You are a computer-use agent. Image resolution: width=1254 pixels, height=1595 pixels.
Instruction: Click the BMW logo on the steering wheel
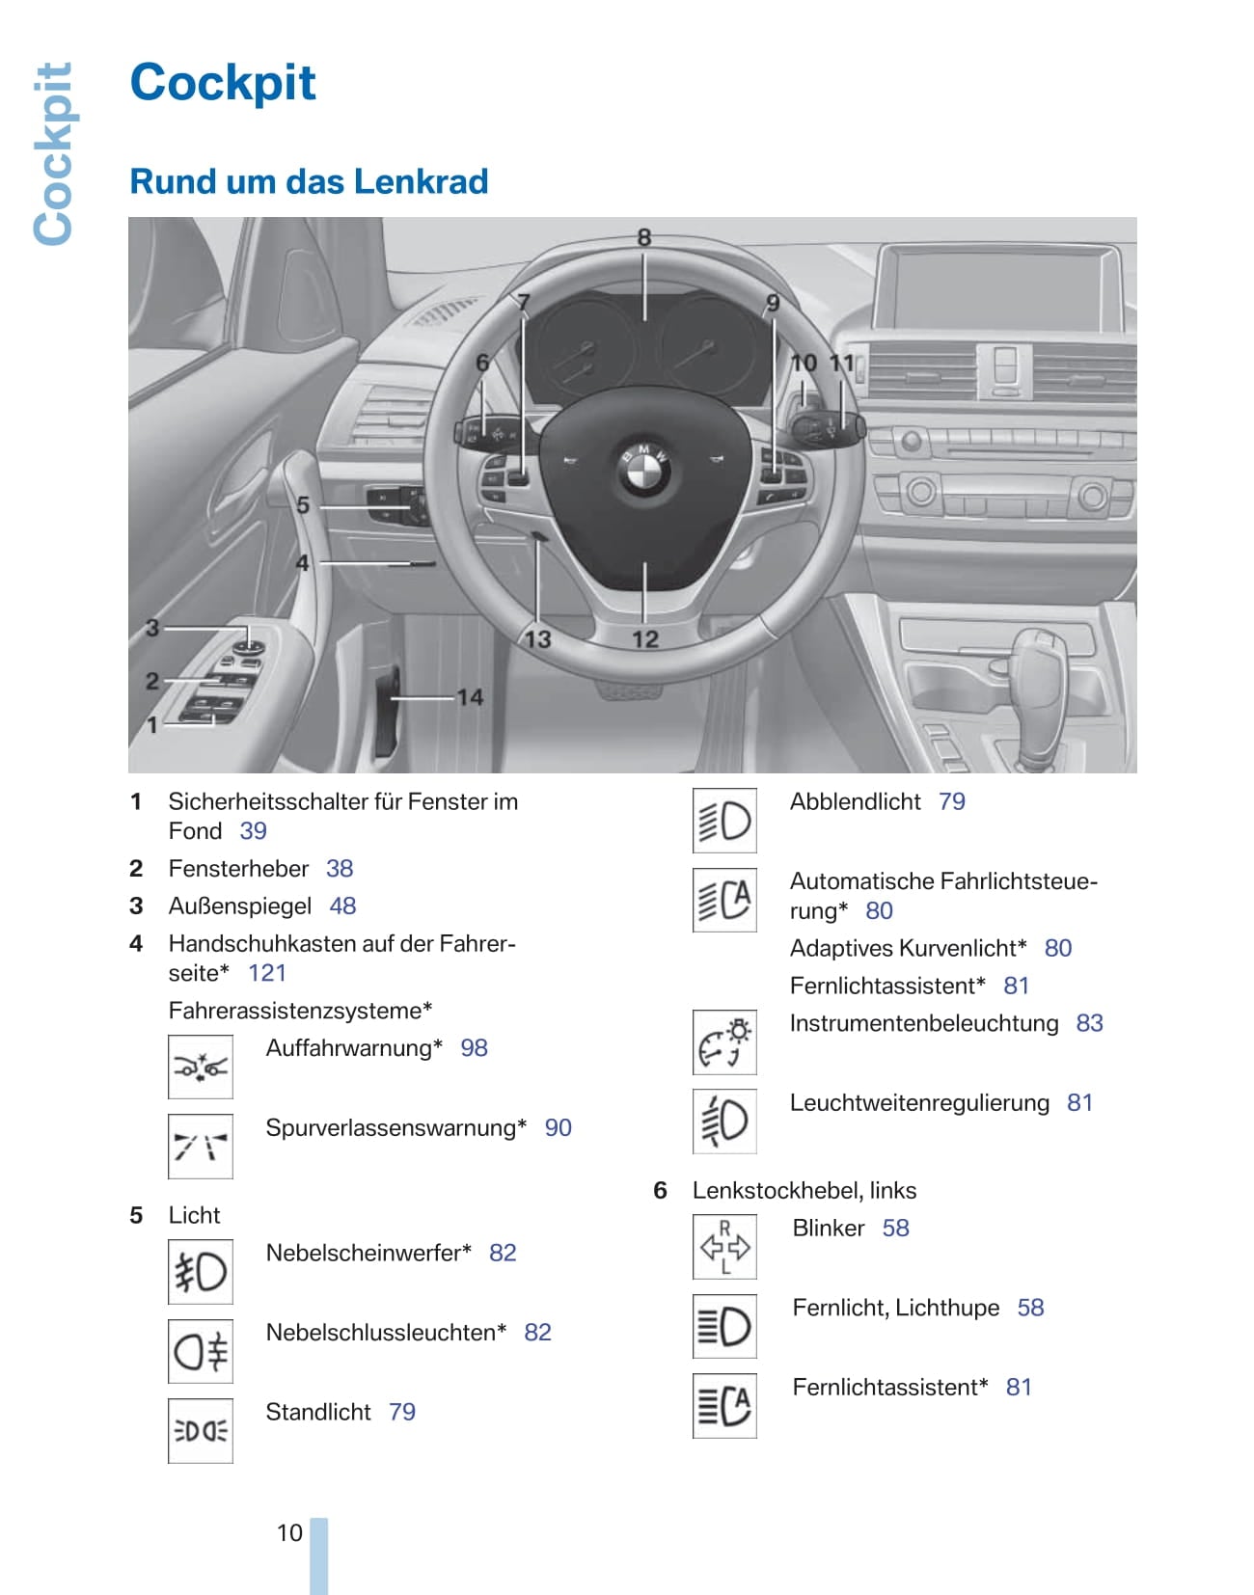pos(643,472)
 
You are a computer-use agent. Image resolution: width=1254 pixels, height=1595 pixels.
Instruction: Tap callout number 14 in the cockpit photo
pos(470,696)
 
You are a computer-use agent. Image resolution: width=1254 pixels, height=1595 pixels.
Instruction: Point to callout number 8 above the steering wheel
pos(644,237)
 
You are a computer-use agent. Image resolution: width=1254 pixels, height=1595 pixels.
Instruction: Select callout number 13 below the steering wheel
pos(537,638)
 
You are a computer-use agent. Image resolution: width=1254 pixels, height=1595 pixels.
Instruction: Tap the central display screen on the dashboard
pos(996,287)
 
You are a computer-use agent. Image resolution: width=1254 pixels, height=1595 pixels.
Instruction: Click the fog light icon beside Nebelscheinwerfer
pos(201,1271)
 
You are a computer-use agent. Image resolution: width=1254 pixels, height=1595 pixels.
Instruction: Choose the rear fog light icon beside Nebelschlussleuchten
pos(201,1351)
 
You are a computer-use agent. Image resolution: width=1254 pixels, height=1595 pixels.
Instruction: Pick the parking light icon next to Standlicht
pos(201,1431)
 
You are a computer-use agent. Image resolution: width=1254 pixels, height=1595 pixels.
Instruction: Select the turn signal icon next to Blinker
pos(724,1247)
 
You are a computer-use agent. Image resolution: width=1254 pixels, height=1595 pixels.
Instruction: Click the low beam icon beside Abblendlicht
pos(724,821)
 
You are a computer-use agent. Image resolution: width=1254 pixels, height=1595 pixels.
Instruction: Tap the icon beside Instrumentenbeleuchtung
pos(724,1042)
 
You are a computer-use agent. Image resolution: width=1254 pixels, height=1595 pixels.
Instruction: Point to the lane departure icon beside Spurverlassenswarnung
pos(201,1147)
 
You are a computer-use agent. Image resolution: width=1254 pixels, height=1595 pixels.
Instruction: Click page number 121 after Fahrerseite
pos(267,973)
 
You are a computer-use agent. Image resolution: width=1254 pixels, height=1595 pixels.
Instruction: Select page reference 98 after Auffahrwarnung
pos(474,1048)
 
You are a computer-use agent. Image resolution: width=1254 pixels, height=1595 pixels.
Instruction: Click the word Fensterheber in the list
pos(238,869)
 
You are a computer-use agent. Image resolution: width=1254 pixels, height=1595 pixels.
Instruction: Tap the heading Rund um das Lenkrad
pos(309,181)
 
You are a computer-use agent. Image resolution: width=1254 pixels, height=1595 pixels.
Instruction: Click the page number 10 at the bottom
pos(289,1532)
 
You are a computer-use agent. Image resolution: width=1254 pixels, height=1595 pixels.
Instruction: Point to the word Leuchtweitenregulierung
pos(918,1103)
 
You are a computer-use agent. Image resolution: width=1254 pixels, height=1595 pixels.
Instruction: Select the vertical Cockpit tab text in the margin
pos(54,154)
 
